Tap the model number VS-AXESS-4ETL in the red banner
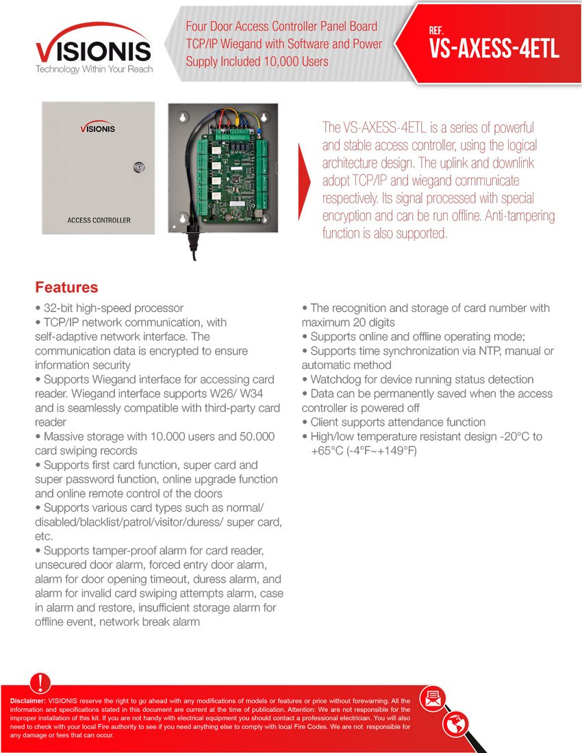click(x=494, y=49)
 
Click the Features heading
click(x=66, y=287)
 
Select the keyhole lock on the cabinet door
click(x=140, y=166)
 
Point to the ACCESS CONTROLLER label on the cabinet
click(x=99, y=220)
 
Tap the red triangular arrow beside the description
click(x=305, y=182)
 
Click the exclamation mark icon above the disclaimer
click(x=41, y=683)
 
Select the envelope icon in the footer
click(x=433, y=698)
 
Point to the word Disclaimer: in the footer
click(x=28, y=701)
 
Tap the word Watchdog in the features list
click(x=336, y=379)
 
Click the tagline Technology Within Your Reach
click(x=94, y=70)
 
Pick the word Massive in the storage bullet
click(x=63, y=436)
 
